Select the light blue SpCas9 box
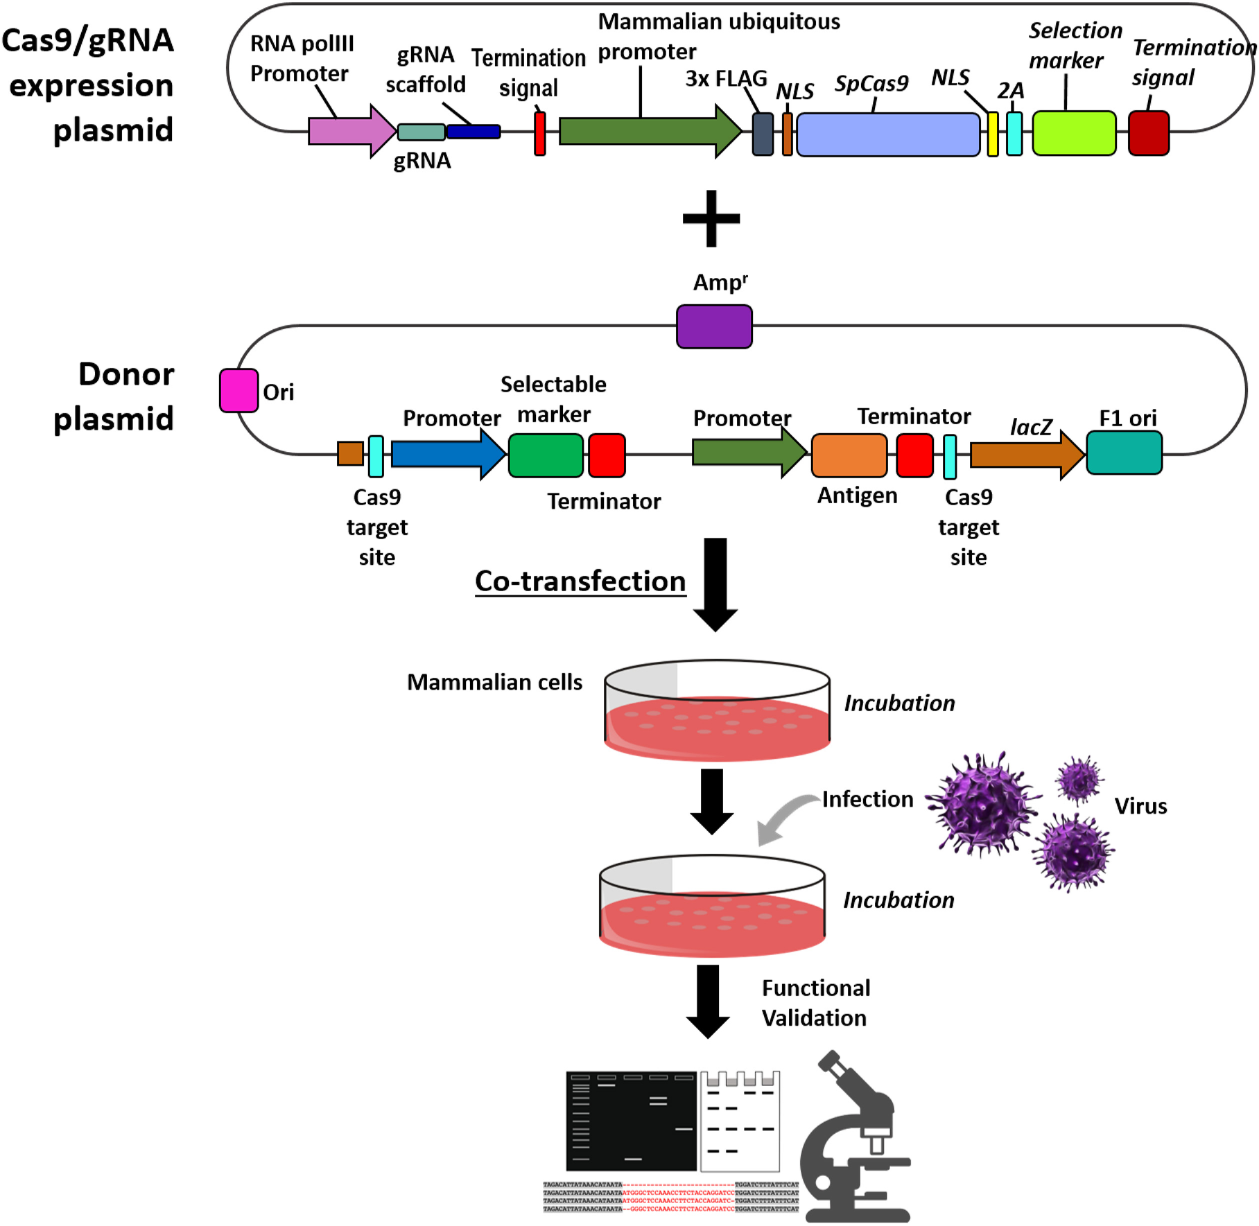point(888,134)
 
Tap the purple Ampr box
point(714,326)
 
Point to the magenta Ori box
point(238,391)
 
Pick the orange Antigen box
point(849,455)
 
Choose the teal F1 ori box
point(1124,453)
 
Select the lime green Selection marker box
point(1074,133)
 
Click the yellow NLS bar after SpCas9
point(993,134)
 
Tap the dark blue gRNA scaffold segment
point(474,132)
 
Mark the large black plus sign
point(711,219)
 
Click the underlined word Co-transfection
point(580,581)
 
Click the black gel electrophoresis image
point(631,1121)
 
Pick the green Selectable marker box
point(546,455)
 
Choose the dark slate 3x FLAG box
point(763,134)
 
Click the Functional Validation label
point(815,1003)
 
